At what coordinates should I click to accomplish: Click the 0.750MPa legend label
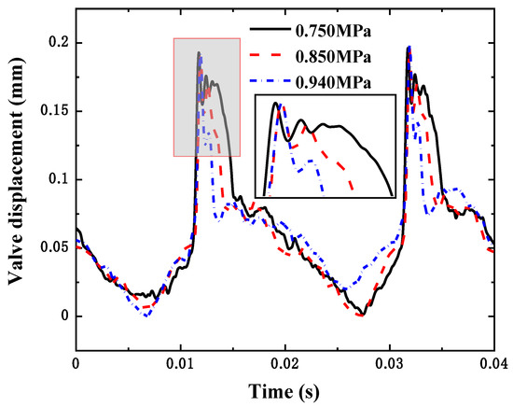[x=328, y=34]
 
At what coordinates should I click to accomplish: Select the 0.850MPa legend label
[x=328, y=57]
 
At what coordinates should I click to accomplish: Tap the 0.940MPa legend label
[x=328, y=81]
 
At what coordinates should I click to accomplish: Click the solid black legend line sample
[x=268, y=34]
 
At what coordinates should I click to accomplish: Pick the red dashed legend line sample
[x=268, y=57]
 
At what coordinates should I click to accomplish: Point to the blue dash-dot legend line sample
[x=268, y=81]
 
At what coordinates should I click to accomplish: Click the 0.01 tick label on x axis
[x=183, y=364]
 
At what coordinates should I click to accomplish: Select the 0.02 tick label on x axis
[x=292, y=364]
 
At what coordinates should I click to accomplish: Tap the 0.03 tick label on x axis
[x=400, y=364]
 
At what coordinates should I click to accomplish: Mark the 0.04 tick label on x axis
[x=495, y=364]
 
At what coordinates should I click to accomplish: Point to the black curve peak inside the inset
[x=276, y=104]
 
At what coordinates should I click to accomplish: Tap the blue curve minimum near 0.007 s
[x=146, y=315]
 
